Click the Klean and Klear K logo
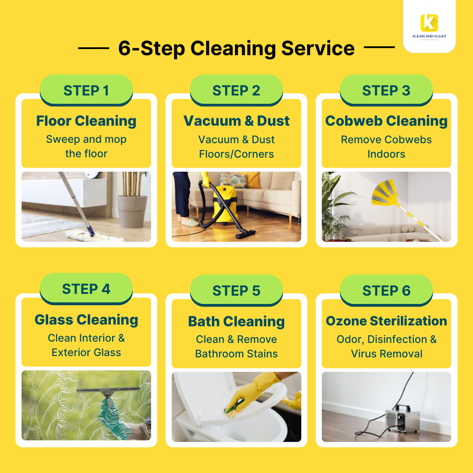(x=429, y=23)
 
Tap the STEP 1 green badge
(x=86, y=90)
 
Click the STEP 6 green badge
(x=386, y=290)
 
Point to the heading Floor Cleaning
(x=86, y=121)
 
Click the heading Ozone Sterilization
(x=386, y=321)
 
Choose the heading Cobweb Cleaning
(x=386, y=121)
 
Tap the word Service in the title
(x=318, y=48)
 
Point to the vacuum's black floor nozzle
(x=245, y=233)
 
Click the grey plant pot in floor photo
(x=132, y=212)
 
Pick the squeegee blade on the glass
(x=108, y=390)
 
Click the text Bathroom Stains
(x=236, y=353)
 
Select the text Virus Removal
(x=386, y=353)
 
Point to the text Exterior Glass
(x=86, y=352)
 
